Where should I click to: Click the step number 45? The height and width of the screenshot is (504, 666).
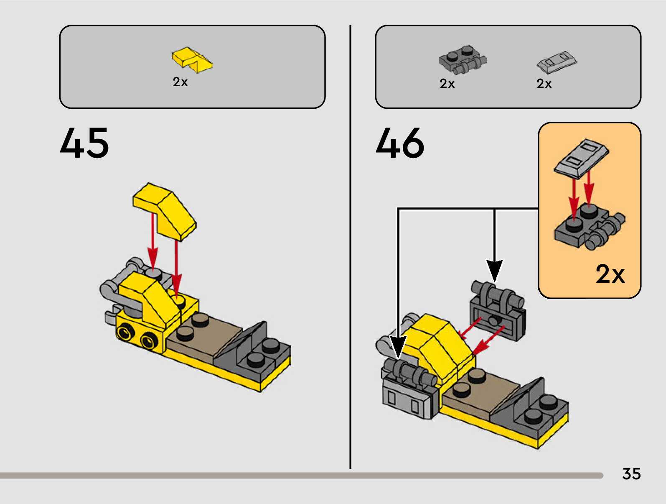[x=84, y=143]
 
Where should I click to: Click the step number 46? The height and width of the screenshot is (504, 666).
[x=400, y=143]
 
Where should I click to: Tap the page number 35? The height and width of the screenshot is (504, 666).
[x=631, y=474]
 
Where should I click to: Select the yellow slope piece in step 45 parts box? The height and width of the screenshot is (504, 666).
[x=192, y=59]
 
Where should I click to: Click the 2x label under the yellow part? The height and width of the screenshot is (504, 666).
[x=180, y=82]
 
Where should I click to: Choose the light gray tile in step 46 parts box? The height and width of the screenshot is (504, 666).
[x=557, y=62]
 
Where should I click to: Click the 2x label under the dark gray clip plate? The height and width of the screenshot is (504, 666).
[x=447, y=84]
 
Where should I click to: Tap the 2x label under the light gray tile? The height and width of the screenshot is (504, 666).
[x=544, y=84]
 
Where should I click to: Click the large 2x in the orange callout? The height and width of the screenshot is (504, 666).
[x=610, y=274]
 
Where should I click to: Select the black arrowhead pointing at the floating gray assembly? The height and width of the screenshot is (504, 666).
[x=494, y=270]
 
